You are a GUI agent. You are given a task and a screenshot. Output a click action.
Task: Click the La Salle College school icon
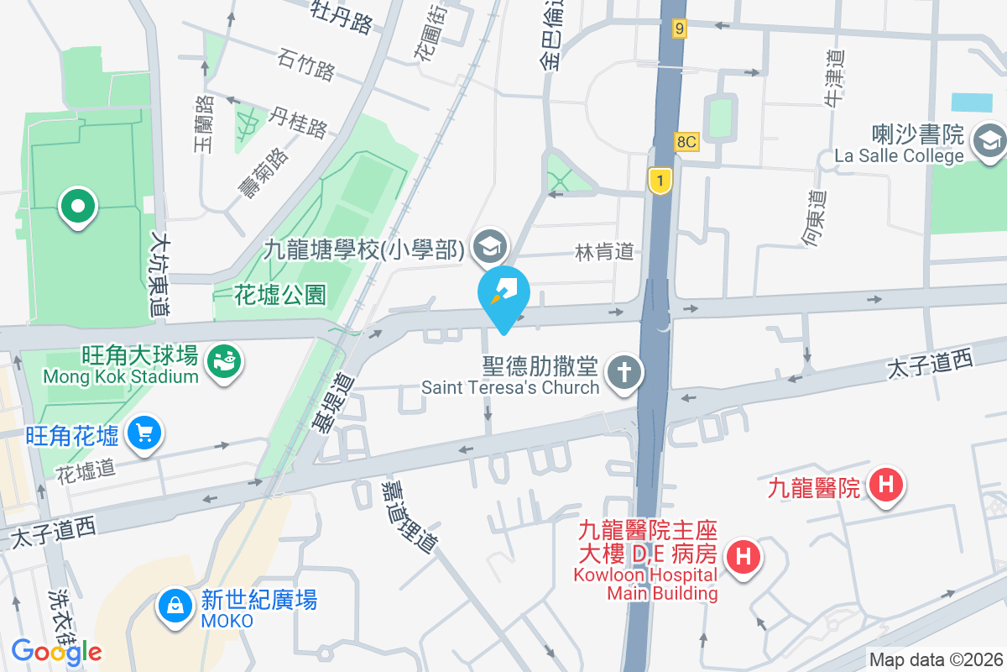pyautogui.click(x=989, y=142)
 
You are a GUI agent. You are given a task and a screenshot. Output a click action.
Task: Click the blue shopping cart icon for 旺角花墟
pyautogui.click(x=143, y=433)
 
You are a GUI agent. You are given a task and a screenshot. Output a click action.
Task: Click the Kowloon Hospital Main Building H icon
pyautogui.click(x=743, y=556)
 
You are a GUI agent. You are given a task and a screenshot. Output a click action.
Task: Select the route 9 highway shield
pyautogui.click(x=679, y=29)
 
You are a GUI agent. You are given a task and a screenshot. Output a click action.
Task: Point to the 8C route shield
pyautogui.click(x=686, y=141)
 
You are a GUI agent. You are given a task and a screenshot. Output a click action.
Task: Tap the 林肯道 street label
pyautogui.click(x=603, y=251)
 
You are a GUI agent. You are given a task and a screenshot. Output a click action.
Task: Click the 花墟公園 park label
pyautogui.click(x=279, y=294)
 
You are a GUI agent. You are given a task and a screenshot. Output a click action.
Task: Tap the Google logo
pyautogui.click(x=56, y=651)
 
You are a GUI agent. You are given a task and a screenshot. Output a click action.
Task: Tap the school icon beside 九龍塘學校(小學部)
pyautogui.click(x=487, y=246)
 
